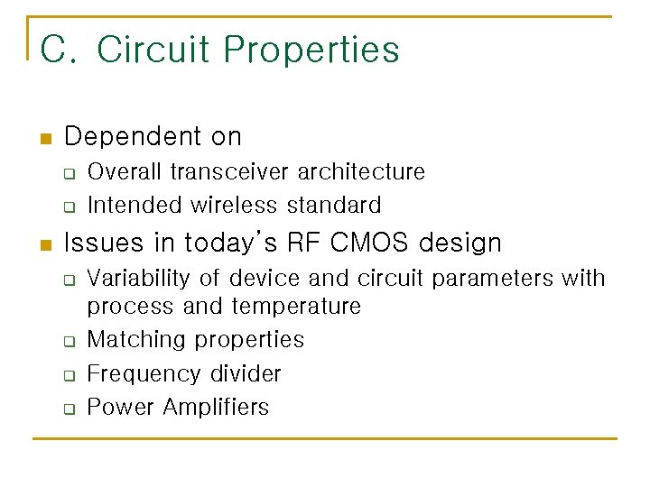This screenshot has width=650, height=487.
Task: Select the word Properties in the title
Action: click(x=311, y=50)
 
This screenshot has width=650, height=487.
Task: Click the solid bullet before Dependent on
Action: click(x=46, y=139)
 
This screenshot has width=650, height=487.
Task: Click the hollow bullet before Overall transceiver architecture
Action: click(x=69, y=173)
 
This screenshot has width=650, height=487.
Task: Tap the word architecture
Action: click(x=361, y=171)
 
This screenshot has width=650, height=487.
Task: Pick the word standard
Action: click(x=334, y=205)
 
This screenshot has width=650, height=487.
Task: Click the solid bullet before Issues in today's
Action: click(x=46, y=245)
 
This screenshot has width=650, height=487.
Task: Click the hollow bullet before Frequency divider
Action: click(x=69, y=375)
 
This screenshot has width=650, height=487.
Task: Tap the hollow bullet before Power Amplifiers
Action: click(x=69, y=409)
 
